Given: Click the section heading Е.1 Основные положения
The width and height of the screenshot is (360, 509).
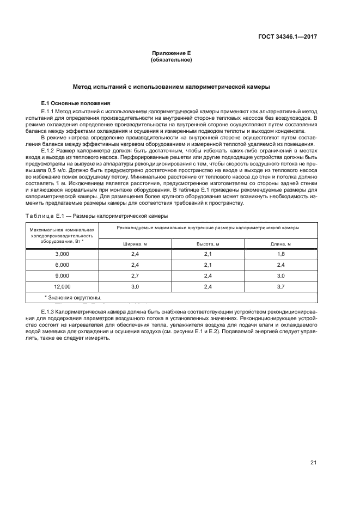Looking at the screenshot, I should [x=76, y=103].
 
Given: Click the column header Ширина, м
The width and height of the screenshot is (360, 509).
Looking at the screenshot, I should [x=135, y=244].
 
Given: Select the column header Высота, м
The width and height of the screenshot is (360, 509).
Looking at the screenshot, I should [x=208, y=244].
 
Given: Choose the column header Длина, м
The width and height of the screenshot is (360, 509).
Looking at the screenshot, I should [x=281, y=244].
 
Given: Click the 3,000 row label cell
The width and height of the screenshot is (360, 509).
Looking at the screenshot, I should [x=62, y=254].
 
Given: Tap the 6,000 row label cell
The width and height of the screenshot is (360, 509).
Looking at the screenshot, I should [x=62, y=265].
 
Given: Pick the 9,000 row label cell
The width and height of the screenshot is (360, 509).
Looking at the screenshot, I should [x=62, y=275].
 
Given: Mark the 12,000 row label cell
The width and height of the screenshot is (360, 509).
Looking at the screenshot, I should [x=62, y=286].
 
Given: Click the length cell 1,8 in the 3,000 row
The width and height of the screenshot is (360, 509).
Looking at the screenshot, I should [x=281, y=254].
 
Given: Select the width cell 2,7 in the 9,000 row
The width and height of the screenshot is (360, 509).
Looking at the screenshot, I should [x=135, y=275].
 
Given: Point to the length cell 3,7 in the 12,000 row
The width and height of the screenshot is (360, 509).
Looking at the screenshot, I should [x=281, y=286].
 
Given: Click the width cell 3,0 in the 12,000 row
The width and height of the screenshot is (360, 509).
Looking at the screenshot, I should [x=135, y=286].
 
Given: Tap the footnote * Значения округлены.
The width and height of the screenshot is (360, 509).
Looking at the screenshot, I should [x=73, y=297].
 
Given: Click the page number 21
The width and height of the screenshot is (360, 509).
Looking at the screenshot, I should [x=313, y=462].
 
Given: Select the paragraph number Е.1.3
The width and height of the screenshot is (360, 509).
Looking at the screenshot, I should [x=51, y=311].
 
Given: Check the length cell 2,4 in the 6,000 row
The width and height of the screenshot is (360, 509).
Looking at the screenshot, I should [x=281, y=265].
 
